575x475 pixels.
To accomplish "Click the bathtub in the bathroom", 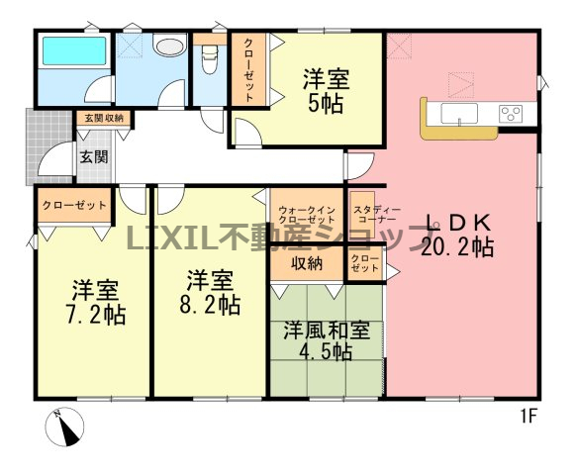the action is [x=74, y=50].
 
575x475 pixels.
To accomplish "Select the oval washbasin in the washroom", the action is [x=169, y=47].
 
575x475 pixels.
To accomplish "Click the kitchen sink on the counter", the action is [x=459, y=114].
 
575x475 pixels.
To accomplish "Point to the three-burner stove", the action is [x=511, y=113].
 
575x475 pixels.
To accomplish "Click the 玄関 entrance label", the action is [x=94, y=157].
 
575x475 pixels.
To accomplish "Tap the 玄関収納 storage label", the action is [x=104, y=118].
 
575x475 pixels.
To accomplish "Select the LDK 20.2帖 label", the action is [x=457, y=235].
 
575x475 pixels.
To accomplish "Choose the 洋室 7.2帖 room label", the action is [x=96, y=302].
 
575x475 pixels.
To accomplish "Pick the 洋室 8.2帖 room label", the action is [x=210, y=292].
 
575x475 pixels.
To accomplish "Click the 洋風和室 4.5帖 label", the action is [x=327, y=341].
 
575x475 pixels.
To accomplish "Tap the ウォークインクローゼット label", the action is [x=307, y=216].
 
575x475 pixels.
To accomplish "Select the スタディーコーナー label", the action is [x=376, y=215].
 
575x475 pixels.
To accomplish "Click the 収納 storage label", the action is [x=307, y=263].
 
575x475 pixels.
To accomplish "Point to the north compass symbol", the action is [x=64, y=427].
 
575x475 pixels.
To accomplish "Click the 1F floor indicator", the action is [x=528, y=417].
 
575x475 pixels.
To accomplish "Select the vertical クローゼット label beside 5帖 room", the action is [x=248, y=69].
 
